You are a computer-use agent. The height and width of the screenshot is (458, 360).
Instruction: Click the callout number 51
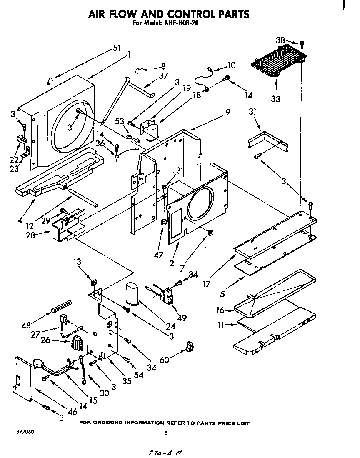tap(117, 48)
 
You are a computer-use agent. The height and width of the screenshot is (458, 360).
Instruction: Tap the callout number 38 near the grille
tap(280, 40)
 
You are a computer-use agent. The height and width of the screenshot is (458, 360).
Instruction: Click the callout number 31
tap(252, 112)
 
